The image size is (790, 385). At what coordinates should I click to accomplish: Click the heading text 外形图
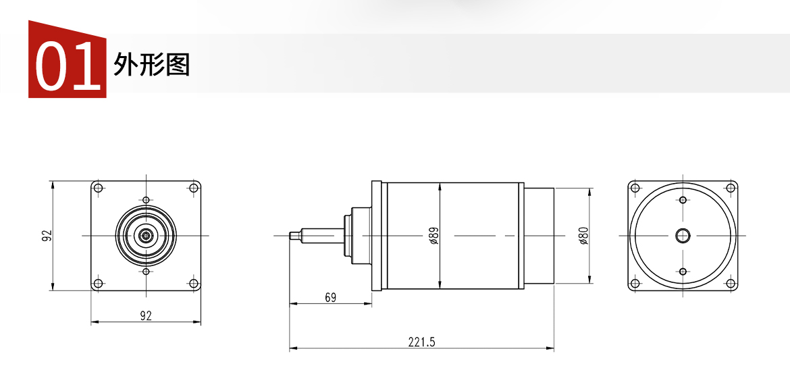click(152, 64)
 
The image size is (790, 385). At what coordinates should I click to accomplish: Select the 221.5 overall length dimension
click(421, 342)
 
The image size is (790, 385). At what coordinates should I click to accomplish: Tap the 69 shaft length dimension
click(330, 297)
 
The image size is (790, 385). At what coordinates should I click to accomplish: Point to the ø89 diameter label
click(434, 235)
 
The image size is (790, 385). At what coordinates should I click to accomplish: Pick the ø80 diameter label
click(584, 235)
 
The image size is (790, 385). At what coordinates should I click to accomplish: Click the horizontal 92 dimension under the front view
click(146, 316)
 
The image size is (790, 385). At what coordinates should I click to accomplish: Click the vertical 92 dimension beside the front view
click(47, 235)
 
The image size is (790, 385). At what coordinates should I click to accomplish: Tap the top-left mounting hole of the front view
click(99, 188)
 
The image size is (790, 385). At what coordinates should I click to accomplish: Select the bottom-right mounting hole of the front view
click(193, 283)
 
